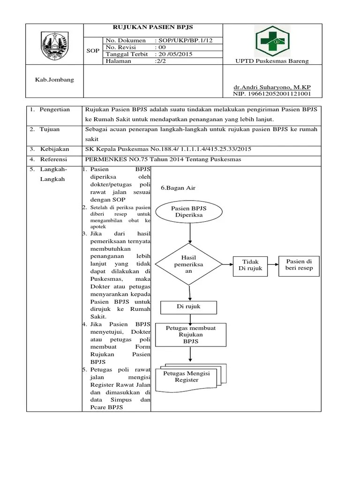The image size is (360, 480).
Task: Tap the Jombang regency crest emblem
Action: pyautogui.click(x=55, y=45)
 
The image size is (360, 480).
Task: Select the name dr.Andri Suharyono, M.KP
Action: pyautogui.click(x=272, y=88)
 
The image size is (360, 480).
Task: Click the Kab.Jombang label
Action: pyautogui.click(x=55, y=79)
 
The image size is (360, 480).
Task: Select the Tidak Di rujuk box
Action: pyautogui.click(x=250, y=265)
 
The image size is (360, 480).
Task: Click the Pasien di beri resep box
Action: pyautogui.click(x=299, y=264)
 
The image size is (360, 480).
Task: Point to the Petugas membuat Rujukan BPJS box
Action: pyautogui.click(x=191, y=335)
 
